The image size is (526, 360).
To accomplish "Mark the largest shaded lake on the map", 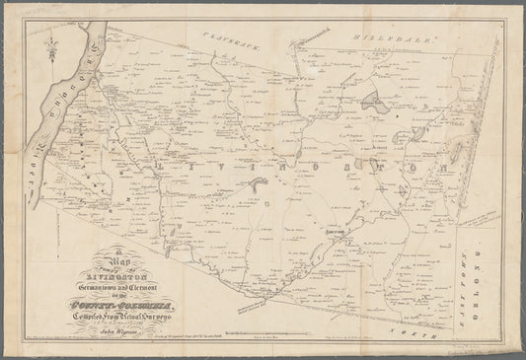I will click(x=373, y=102).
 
